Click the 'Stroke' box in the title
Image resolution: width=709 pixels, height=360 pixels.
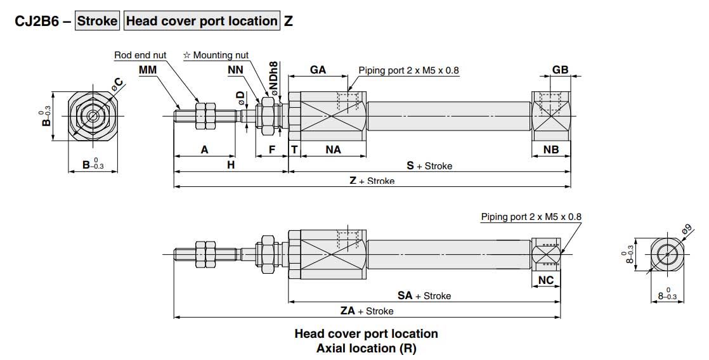click(x=97, y=21)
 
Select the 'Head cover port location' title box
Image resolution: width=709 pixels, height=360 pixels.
click(x=202, y=21)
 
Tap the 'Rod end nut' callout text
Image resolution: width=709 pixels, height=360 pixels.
click(x=140, y=55)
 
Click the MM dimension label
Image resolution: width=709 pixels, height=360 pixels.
click(x=148, y=70)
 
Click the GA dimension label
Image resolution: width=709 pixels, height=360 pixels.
click(x=318, y=70)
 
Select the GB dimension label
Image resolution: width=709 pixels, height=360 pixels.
click(x=560, y=70)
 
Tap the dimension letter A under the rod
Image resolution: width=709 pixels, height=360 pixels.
click(x=204, y=150)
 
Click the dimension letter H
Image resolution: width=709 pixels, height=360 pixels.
click(x=231, y=165)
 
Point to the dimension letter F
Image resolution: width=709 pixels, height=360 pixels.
click(x=271, y=150)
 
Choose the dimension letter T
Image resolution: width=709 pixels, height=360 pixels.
click(x=294, y=150)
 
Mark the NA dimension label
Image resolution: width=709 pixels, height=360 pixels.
click(x=333, y=150)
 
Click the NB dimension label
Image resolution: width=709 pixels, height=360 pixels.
click(x=551, y=150)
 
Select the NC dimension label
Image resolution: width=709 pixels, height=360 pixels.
click(x=545, y=280)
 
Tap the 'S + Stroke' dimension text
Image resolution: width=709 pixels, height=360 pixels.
click(x=429, y=165)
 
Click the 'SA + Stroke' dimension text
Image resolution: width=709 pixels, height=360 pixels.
click(x=424, y=295)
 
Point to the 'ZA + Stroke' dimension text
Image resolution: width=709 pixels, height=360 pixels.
click(x=367, y=311)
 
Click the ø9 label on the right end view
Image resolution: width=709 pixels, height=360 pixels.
click(x=688, y=230)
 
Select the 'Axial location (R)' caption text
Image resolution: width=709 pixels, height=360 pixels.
click(x=366, y=348)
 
